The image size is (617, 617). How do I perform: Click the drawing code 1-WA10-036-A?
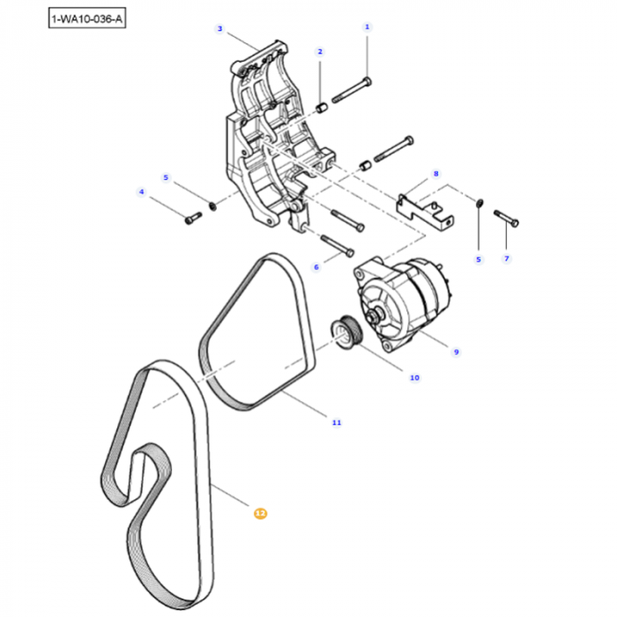click(x=87, y=18)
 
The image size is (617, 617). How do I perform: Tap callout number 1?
click(x=368, y=27)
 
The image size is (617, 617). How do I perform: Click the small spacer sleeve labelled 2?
click(x=323, y=108)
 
